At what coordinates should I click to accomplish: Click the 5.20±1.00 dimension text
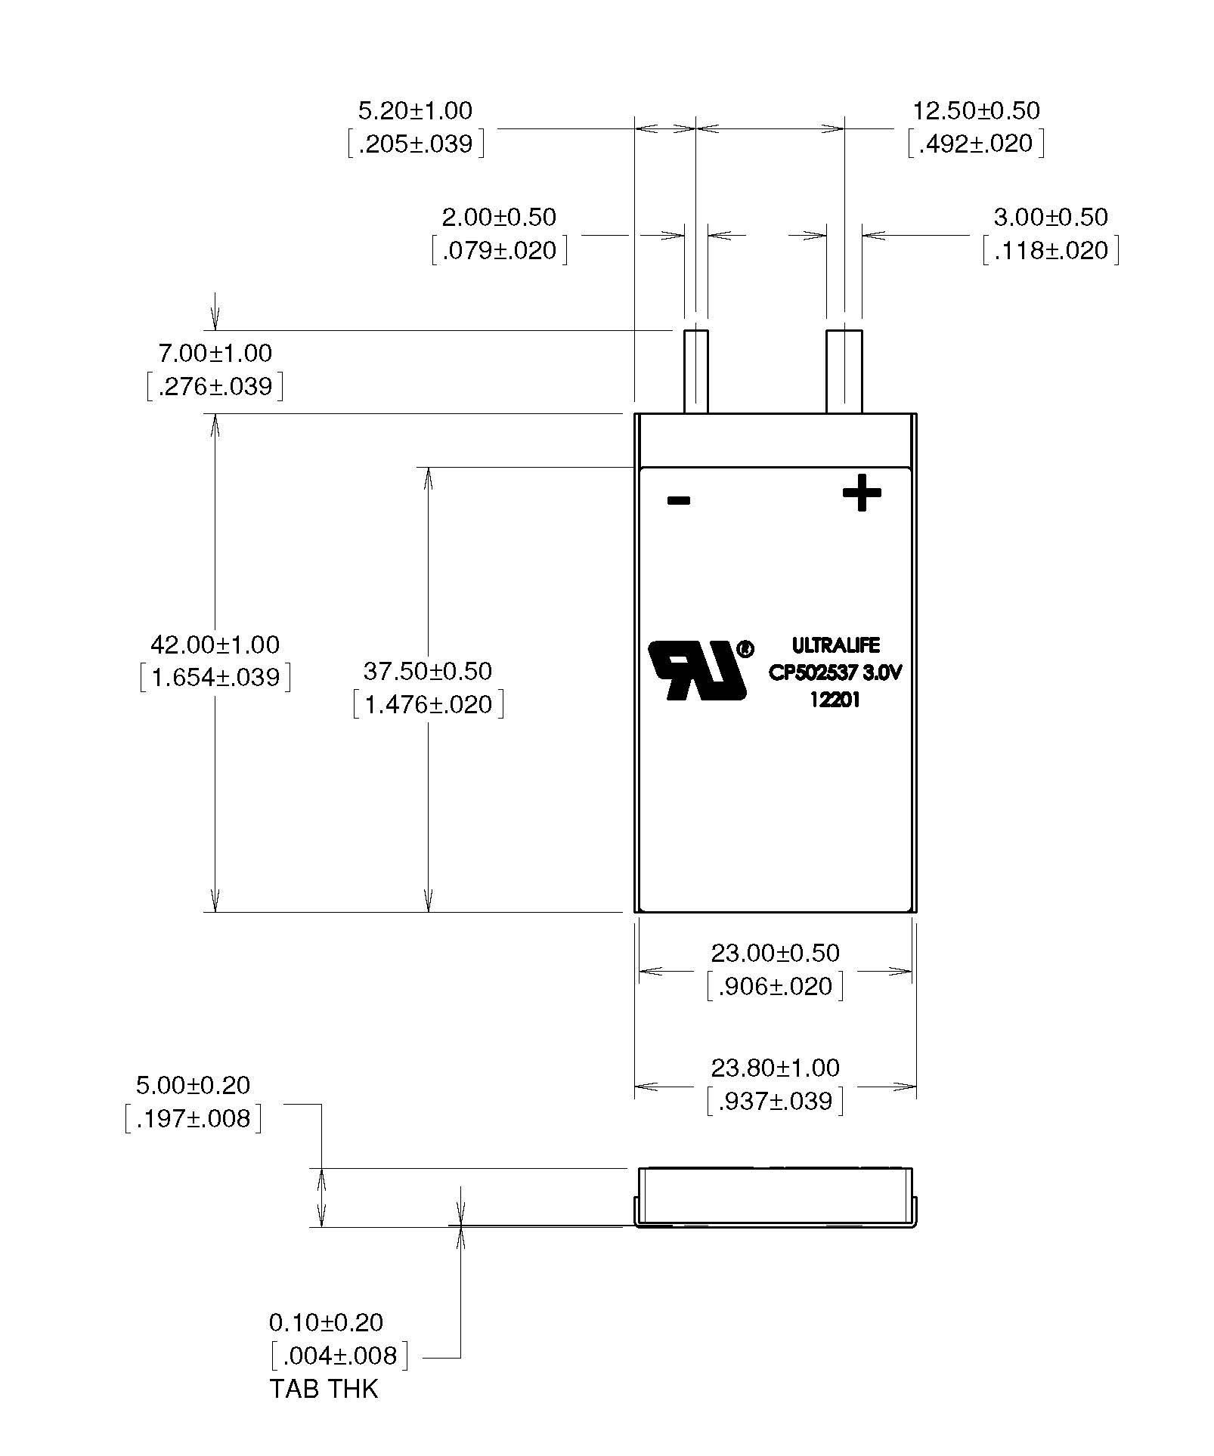click(x=415, y=111)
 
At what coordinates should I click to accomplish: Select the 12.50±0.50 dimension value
click(x=976, y=111)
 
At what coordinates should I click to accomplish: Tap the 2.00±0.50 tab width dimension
click(x=499, y=218)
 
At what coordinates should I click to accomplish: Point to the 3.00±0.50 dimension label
click(x=1051, y=218)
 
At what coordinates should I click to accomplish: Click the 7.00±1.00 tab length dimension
click(x=215, y=354)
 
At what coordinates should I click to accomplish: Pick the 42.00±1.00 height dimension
click(x=215, y=645)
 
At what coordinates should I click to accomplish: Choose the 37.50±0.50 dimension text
click(x=428, y=671)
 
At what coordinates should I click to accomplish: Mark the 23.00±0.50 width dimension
click(x=776, y=953)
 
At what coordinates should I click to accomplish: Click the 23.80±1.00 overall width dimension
click(x=776, y=1068)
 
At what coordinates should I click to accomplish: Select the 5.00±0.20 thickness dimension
click(x=193, y=1086)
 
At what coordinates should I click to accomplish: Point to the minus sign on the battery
click(x=679, y=500)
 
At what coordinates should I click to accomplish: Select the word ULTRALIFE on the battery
click(x=835, y=645)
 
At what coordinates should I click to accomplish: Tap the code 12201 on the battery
click(x=835, y=700)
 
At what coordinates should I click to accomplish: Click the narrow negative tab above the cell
click(x=695, y=371)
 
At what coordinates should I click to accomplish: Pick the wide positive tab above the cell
click(x=844, y=371)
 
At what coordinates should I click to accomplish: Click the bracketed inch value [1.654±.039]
click(x=215, y=678)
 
